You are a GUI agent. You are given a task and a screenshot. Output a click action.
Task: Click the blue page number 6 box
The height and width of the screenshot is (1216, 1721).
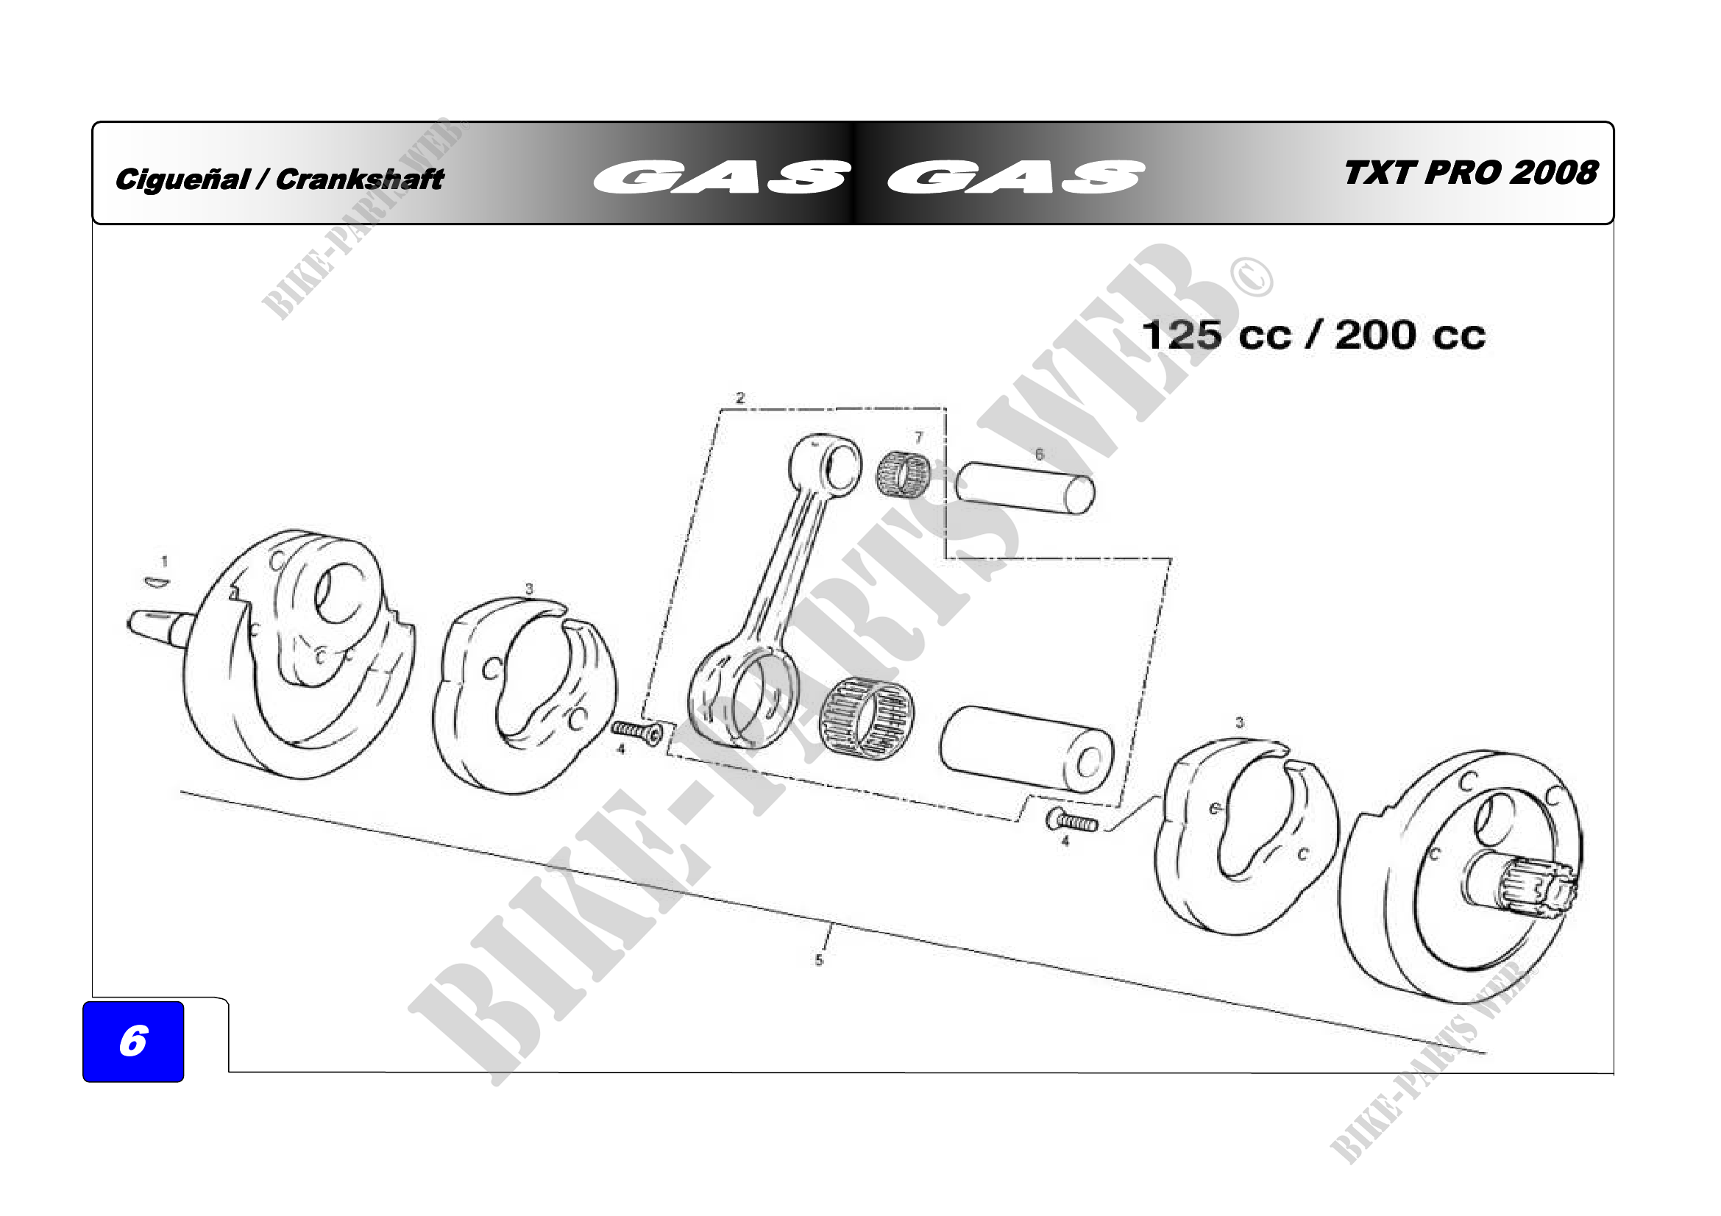coord(132,1041)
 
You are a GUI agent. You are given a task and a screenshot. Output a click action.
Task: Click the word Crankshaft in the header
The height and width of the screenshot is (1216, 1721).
coord(360,179)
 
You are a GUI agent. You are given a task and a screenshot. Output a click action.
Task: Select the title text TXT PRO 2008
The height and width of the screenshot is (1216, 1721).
coord(1471,172)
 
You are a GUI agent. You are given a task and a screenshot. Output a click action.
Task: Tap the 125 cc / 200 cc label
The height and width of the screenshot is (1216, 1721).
coord(1313,335)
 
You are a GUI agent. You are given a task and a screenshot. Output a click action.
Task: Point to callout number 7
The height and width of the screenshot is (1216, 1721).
coord(918,438)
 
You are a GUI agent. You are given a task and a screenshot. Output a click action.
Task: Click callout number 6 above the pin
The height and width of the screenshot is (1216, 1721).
coord(1039,454)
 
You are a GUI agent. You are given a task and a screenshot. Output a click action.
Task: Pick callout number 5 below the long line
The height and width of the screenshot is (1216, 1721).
coord(818,960)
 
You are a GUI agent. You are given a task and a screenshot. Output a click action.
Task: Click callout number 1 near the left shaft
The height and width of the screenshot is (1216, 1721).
coord(165,561)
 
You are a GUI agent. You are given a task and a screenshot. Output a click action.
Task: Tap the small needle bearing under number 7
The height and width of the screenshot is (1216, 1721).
coord(904,474)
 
